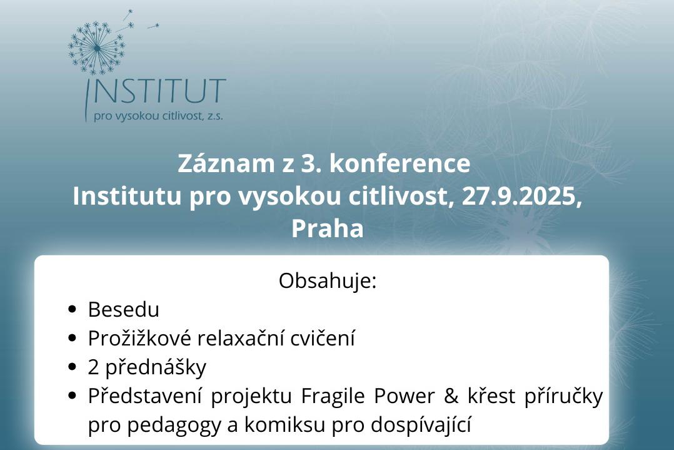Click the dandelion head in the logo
[96, 48]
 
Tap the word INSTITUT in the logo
[156, 92]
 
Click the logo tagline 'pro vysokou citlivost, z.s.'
[158, 116]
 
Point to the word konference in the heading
[400, 163]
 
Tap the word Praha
[327, 228]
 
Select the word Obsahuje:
[328, 280]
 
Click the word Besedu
[124, 309]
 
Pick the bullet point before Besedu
[72, 309]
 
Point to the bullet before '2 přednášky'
[72, 367]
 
